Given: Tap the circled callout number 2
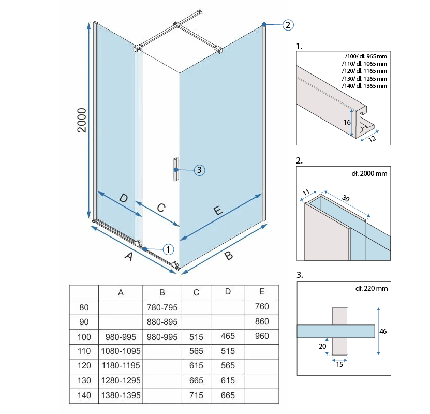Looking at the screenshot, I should pos(288,24).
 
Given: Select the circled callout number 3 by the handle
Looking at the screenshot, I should pos(200,169).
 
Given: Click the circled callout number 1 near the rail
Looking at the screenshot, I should pos(168,249).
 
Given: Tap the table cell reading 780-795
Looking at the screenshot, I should pos(161,307).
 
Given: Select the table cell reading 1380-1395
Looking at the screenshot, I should pos(121,395).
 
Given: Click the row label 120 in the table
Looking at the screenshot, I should pos(84,366).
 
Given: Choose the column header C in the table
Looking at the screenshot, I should pos(196,292).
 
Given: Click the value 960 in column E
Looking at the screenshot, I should pos(262,336).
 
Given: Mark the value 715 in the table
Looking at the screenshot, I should pos(196,395).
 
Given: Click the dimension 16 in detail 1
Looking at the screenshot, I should pos(347,122).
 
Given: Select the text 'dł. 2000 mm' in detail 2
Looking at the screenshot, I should pos(368,173).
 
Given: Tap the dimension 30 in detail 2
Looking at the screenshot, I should pos(346,198).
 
